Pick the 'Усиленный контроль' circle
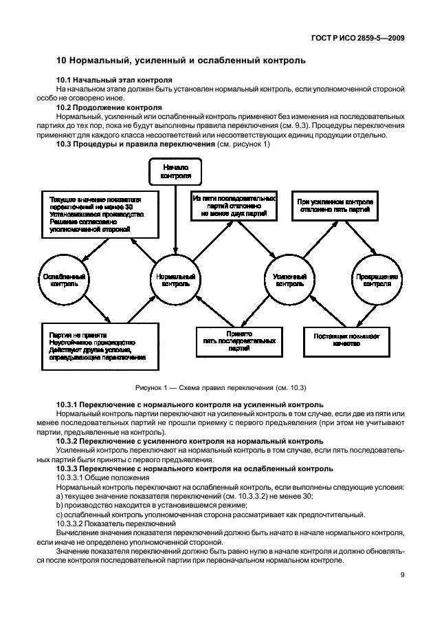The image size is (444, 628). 289,279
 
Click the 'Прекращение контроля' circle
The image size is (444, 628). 377,279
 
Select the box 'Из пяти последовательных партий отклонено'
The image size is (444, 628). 234,206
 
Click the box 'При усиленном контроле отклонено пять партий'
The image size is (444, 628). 335,206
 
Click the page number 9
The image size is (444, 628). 402,576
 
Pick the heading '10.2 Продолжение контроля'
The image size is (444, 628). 109,108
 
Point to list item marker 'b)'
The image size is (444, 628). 60,505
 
